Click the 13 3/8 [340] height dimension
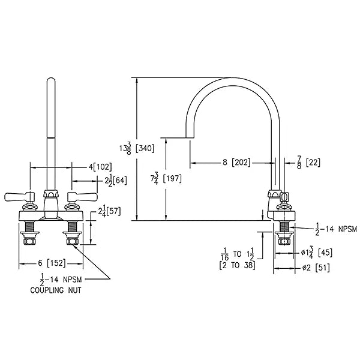(x=137, y=148)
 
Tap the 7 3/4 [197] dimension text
(x=166, y=179)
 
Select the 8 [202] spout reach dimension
(x=236, y=163)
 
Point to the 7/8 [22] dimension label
(x=308, y=163)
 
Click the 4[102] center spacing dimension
(x=100, y=167)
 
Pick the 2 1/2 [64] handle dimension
(x=116, y=180)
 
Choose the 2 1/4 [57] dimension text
(x=109, y=211)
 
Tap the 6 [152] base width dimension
(x=52, y=263)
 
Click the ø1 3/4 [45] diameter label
(x=317, y=253)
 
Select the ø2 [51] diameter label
(x=316, y=268)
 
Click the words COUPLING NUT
(x=56, y=290)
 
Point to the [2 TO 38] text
(x=238, y=265)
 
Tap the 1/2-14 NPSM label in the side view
(x=336, y=229)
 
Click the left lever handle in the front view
(x=20, y=197)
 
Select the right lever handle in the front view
(x=83, y=197)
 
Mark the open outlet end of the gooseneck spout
(x=190, y=138)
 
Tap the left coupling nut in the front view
(x=29, y=241)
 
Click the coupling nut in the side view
(x=284, y=241)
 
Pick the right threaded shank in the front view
(x=72, y=227)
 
